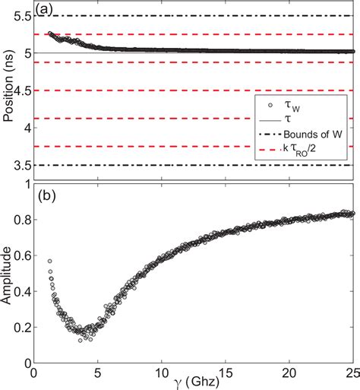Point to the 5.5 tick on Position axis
point(21,16)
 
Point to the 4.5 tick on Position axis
point(21,90)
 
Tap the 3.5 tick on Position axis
point(21,165)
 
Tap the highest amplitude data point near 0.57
point(49,261)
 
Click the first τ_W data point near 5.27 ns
point(49,33)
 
